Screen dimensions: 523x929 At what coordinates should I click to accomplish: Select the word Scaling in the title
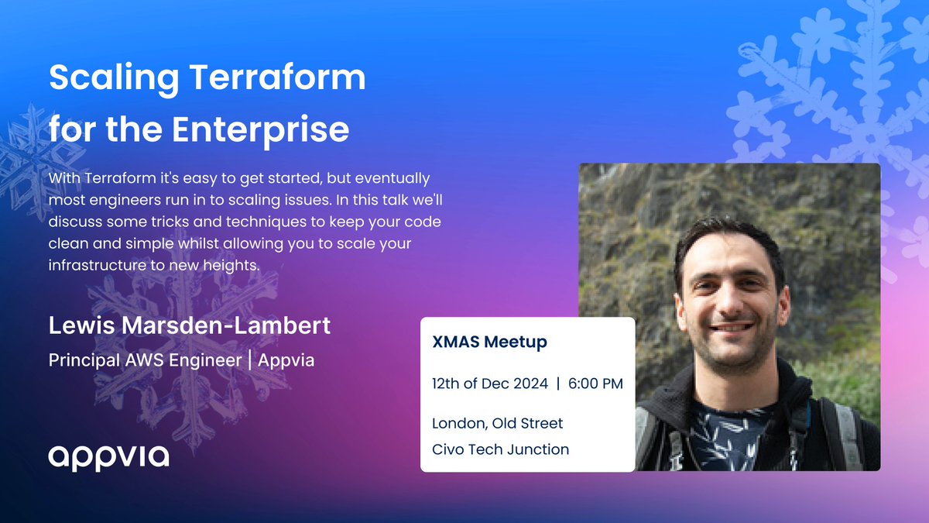105,78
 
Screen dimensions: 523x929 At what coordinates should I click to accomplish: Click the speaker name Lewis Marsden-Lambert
190,325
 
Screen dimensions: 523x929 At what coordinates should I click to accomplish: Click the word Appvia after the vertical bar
287,361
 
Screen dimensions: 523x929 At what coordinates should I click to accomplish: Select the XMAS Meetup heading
489,342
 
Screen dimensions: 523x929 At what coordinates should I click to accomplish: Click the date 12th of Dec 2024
490,384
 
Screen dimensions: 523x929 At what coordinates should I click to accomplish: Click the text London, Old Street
498,424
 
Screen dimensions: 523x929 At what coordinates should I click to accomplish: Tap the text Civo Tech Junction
500,449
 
